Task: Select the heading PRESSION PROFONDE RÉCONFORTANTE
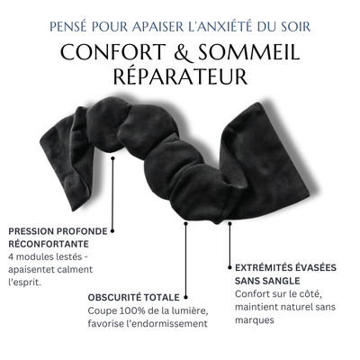pyautogui.click(x=56, y=237)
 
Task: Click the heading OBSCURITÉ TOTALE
pyautogui.click(x=133, y=296)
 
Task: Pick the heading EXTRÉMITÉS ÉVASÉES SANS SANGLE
pyautogui.click(x=285, y=273)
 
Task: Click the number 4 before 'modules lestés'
pyautogui.click(x=9, y=256)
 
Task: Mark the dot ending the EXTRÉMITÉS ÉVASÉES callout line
pyautogui.click(x=229, y=265)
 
